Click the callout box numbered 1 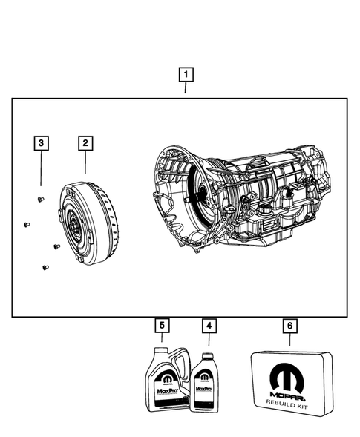[186, 74]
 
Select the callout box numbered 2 [86, 142]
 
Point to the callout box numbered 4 [209, 325]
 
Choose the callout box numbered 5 [160, 325]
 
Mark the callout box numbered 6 [289, 325]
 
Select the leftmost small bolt [25, 224]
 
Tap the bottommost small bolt [45, 266]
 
